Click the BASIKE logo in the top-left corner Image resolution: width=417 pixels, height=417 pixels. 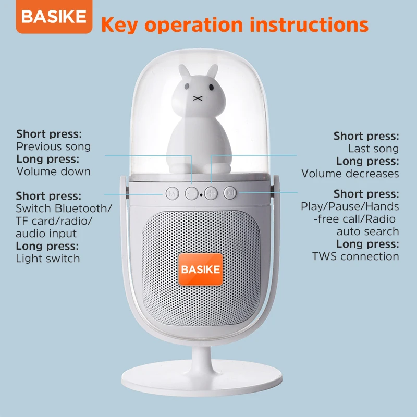(x=54, y=17)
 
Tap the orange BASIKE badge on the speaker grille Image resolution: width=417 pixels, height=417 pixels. (x=201, y=269)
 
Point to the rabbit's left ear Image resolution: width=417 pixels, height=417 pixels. (x=184, y=72)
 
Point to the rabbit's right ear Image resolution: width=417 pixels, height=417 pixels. (x=213, y=72)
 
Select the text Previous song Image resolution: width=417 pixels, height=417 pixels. (x=54, y=146)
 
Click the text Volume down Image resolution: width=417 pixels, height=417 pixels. (x=54, y=171)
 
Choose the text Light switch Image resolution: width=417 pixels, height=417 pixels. (x=48, y=259)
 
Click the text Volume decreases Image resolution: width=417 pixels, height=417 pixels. (x=350, y=174)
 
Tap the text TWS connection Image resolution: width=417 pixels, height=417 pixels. (x=355, y=256)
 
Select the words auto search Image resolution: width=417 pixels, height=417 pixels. (x=367, y=231)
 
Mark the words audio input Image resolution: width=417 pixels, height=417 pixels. (x=46, y=234)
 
